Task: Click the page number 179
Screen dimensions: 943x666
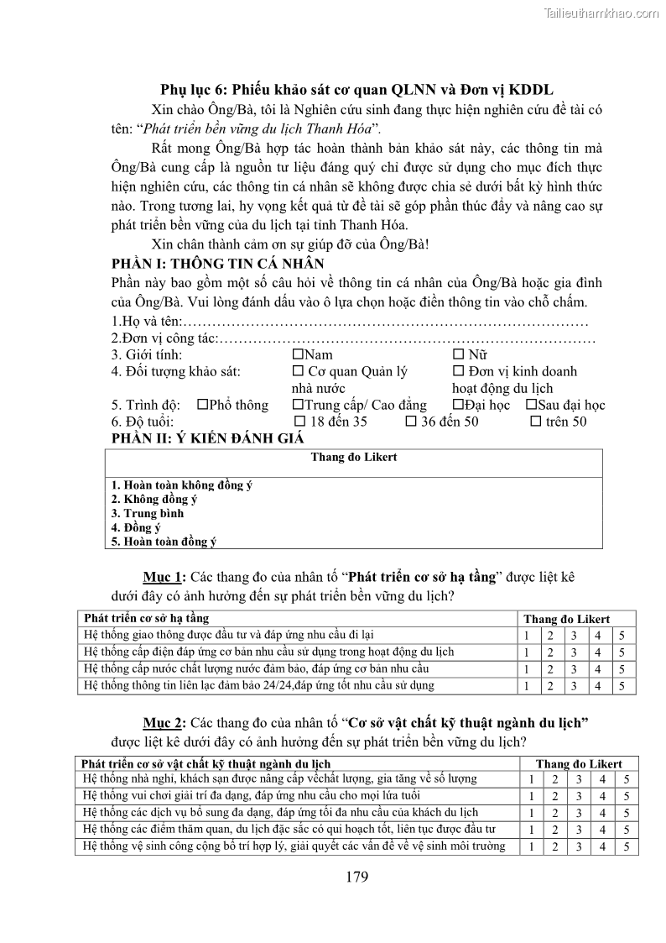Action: tap(357, 878)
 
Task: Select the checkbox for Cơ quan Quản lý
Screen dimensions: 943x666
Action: tap(297, 371)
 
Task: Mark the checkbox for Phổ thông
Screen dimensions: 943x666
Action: tap(202, 405)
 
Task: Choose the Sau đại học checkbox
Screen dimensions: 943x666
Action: tap(531, 405)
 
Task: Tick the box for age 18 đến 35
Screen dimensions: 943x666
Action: tap(300, 422)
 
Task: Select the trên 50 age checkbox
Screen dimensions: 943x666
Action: tap(535, 422)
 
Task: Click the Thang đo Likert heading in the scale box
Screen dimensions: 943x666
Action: tap(353, 458)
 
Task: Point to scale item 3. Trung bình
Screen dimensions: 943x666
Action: tap(148, 513)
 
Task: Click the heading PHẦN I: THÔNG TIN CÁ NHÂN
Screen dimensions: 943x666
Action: tap(206, 262)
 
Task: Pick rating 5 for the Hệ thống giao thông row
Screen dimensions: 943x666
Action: tap(622, 636)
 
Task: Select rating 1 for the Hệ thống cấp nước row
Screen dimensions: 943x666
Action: tap(527, 669)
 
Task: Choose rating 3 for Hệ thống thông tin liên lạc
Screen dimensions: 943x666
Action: tap(575, 686)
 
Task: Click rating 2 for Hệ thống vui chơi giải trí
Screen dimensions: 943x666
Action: tap(554, 796)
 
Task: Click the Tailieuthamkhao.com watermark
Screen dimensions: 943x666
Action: tap(601, 13)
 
